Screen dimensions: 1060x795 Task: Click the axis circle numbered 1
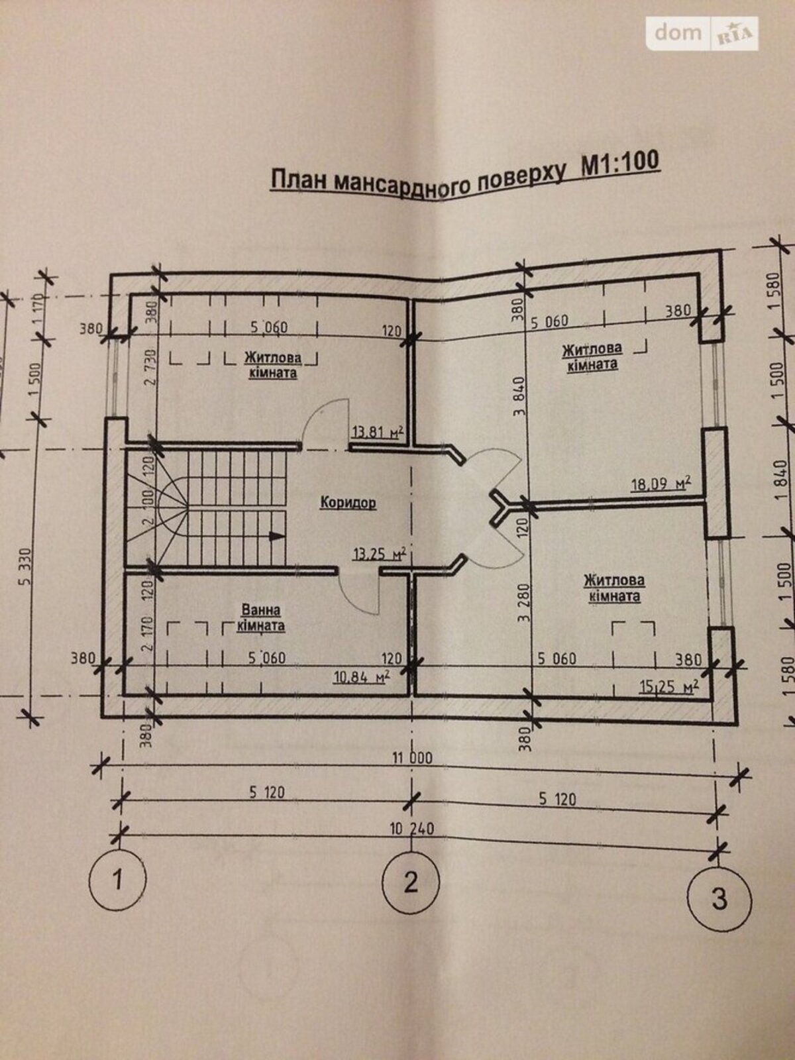(117, 881)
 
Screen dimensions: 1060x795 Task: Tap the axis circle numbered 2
(411, 882)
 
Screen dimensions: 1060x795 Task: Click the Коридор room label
(348, 503)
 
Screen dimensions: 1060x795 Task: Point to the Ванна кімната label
(261, 617)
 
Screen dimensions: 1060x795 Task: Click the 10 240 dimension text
(411, 828)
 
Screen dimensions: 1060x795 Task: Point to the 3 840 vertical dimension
(519, 396)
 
